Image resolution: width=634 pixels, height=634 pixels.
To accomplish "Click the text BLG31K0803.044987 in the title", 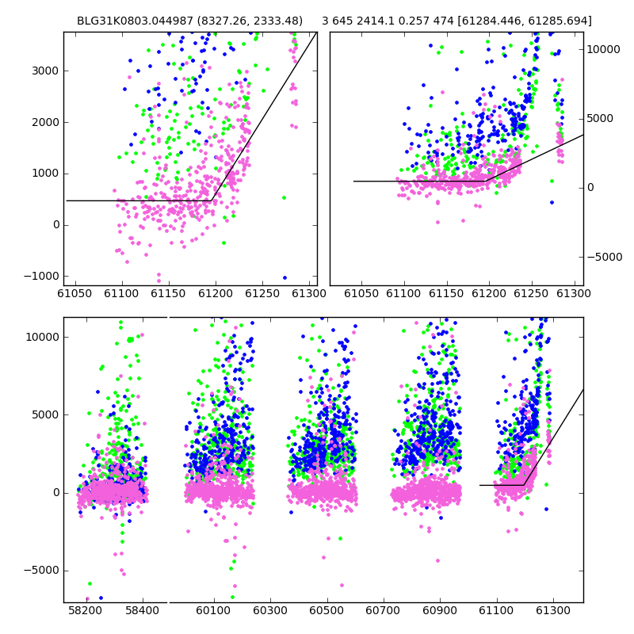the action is click(135, 21).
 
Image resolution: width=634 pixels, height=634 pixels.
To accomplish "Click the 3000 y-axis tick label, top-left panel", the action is click(45, 71).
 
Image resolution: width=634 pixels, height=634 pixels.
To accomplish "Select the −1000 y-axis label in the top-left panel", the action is click(42, 276).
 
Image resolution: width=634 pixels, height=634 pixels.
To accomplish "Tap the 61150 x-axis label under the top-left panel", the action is click(168, 293).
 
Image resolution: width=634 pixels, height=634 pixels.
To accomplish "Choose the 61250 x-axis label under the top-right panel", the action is click(531, 293).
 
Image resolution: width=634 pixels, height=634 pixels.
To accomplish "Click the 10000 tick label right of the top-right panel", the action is click(603, 49).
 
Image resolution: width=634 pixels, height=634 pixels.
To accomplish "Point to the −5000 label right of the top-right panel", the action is click(605, 257).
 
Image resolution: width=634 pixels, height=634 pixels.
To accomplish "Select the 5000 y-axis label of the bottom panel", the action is click(45, 414).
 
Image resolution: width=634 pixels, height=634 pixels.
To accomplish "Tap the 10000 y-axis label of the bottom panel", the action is click(43, 338).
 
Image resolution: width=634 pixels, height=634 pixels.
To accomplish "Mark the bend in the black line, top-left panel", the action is click(212, 201).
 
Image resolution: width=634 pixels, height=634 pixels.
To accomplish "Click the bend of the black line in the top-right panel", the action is click(486, 181).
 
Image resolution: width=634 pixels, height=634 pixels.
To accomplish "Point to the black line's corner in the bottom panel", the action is click(524, 485).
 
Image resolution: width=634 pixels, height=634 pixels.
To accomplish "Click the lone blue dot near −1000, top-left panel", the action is click(285, 278).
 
